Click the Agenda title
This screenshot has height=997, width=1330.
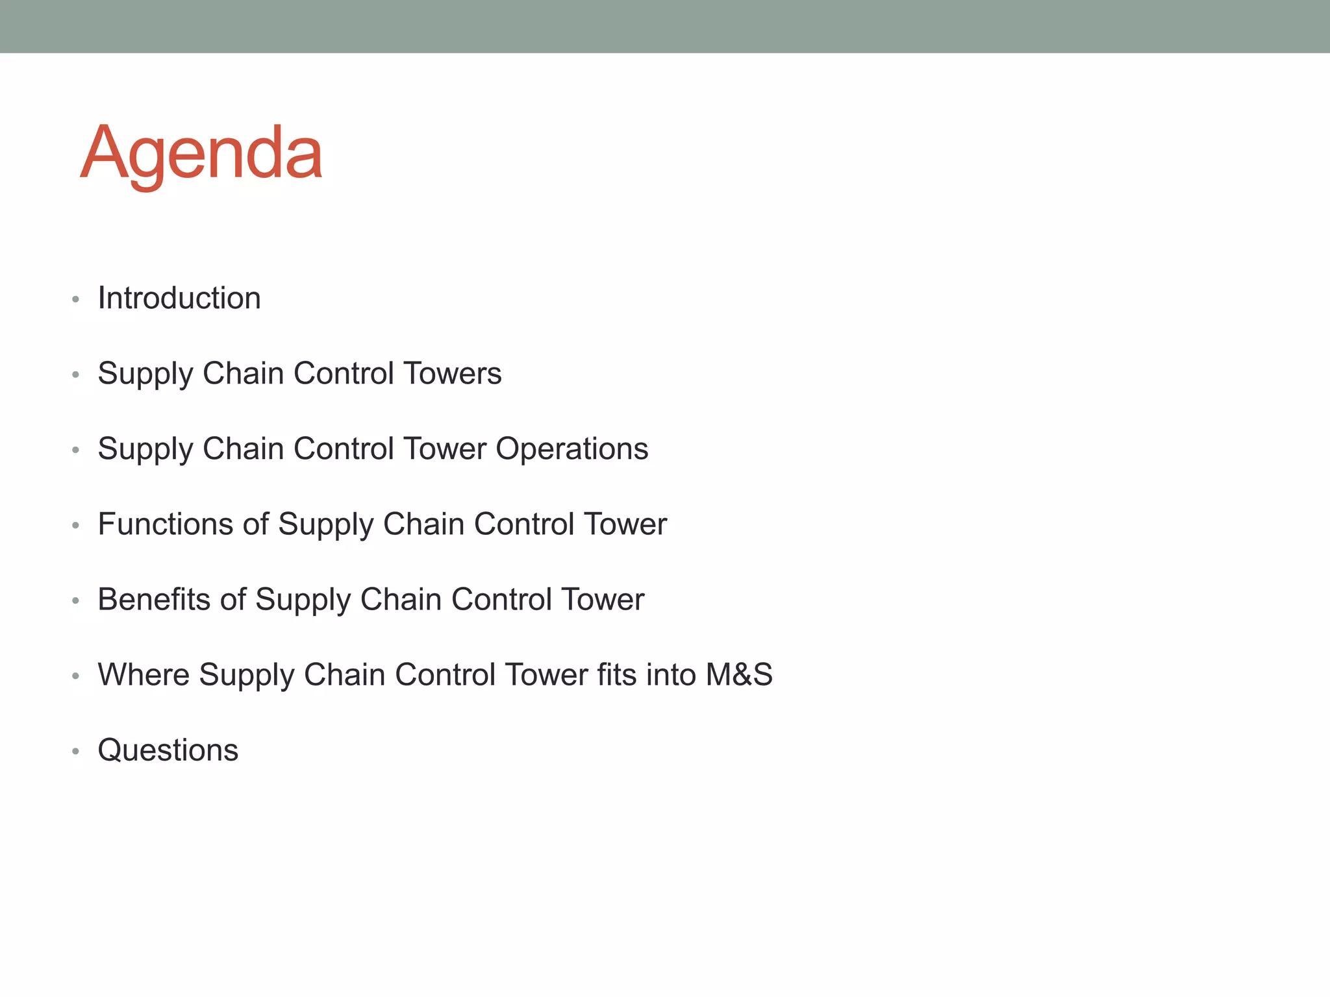[201, 153]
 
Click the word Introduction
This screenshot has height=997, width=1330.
[179, 299]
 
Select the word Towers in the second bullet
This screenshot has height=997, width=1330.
[452, 374]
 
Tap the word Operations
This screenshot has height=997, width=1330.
[571, 449]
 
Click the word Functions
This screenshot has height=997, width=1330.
[165, 524]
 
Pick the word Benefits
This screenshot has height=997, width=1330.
[154, 600]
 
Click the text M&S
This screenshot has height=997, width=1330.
[739, 675]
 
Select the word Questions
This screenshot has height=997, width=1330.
[168, 750]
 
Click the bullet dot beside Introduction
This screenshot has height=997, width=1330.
[76, 300]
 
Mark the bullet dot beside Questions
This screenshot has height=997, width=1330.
[76, 752]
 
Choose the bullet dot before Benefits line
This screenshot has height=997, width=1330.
[76, 601]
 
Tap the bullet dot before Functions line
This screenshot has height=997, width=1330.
[76, 526]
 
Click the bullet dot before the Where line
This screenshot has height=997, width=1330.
[76, 676]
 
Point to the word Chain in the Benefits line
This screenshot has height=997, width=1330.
[401, 600]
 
